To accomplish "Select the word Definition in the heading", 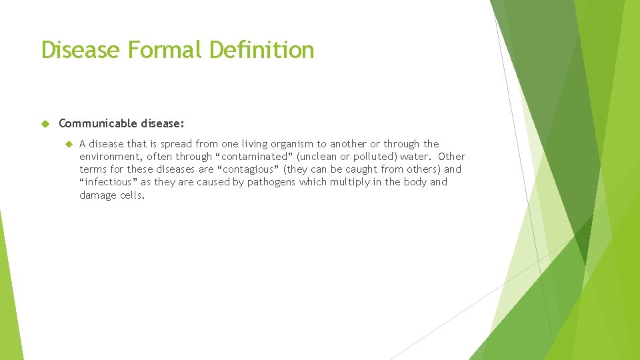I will point(261,50).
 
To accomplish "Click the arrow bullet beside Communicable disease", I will point(46,123).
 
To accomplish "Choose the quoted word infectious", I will point(108,182).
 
